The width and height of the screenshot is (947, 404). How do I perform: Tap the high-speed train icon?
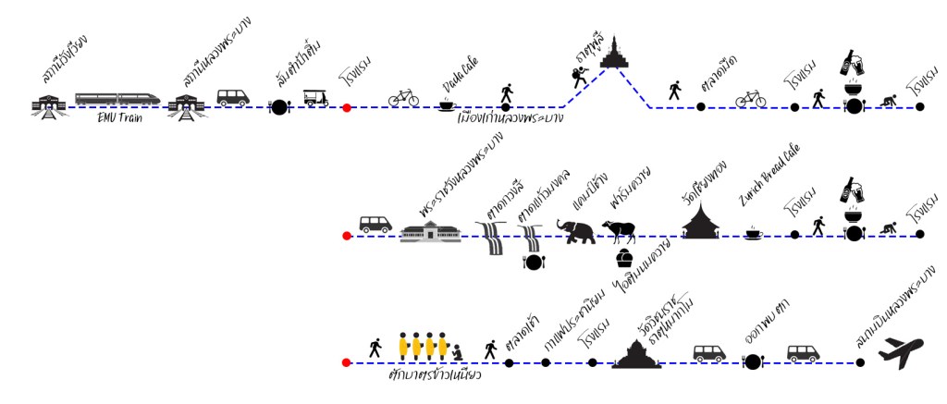(x=117, y=98)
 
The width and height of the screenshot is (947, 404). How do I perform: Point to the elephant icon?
(x=578, y=230)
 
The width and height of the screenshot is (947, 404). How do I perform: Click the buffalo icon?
(x=620, y=230)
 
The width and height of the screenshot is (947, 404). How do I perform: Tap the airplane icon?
(x=901, y=353)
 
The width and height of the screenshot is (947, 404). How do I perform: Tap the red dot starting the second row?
(x=347, y=237)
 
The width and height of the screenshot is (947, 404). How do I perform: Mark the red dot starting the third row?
(x=347, y=363)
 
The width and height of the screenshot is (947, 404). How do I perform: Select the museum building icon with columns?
(x=430, y=231)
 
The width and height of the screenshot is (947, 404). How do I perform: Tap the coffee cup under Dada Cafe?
(x=447, y=105)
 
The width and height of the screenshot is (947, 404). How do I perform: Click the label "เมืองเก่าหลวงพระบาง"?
(x=510, y=118)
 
